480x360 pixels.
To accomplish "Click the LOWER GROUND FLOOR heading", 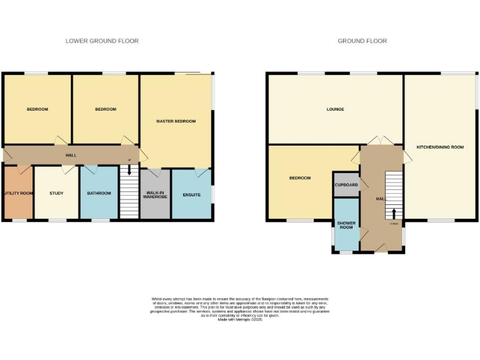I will click(x=102, y=41).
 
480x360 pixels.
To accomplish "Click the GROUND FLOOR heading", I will click(x=362, y=41).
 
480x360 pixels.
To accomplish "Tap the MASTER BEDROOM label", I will click(x=176, y=121).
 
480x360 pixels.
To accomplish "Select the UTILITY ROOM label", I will click(x=18, y=193).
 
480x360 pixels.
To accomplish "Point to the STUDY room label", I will click(x=56, y=193).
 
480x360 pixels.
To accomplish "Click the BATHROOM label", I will click(x=99, y=193).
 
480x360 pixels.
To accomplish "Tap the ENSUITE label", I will click(x=192, y=195).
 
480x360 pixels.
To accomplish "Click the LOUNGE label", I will click(x=335, y=109).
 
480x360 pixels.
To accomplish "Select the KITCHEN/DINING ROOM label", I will click(x=440, y=147).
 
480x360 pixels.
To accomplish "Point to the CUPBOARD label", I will click(x=346, y=185).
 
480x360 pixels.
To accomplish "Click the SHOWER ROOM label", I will click(x=346, y=225).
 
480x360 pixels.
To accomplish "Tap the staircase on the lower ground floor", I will click(x=129, y=196).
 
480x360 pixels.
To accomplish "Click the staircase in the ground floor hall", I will click(x=394, y=191).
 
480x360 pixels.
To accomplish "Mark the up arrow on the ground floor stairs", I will click(x=394, y=214).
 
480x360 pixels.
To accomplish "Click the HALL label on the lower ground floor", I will click(x=71, y=154).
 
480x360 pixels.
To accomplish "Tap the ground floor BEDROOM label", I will click(x=299, y=178).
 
